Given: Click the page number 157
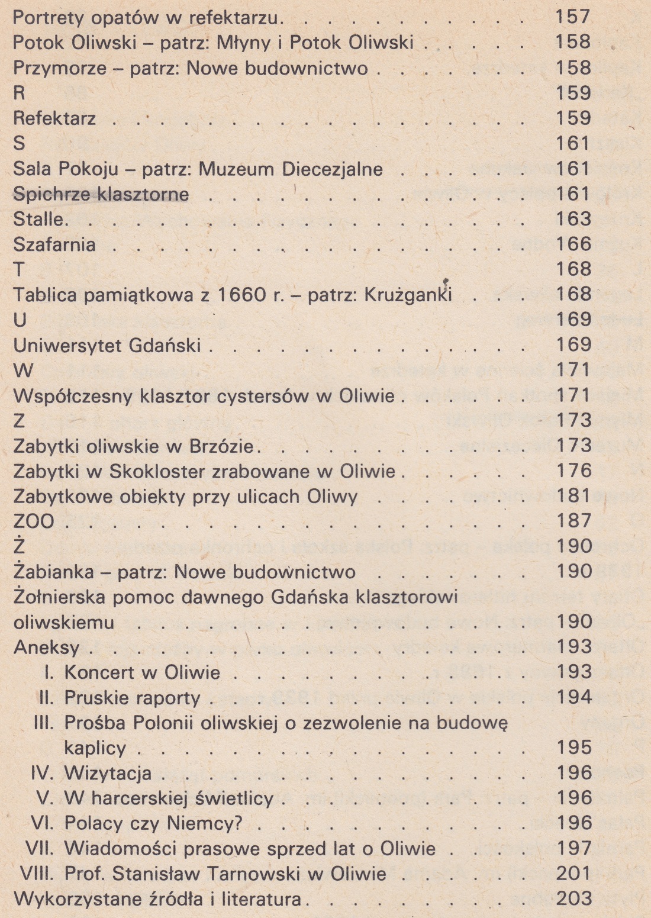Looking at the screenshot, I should (573, 17).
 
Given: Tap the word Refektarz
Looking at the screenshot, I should (54, 118).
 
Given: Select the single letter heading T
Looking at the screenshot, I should (19, 270).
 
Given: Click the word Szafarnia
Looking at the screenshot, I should (54, 244).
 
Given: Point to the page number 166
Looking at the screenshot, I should (573, 244).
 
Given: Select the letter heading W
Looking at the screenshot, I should (23, 371).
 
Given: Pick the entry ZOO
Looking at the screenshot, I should (34, 522).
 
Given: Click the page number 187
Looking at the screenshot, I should (573, 521).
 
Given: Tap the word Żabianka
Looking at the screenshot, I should (53, 572).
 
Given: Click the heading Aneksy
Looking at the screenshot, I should (46, 648).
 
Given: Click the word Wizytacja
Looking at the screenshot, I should (108, 773).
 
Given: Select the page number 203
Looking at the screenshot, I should (573, 898).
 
